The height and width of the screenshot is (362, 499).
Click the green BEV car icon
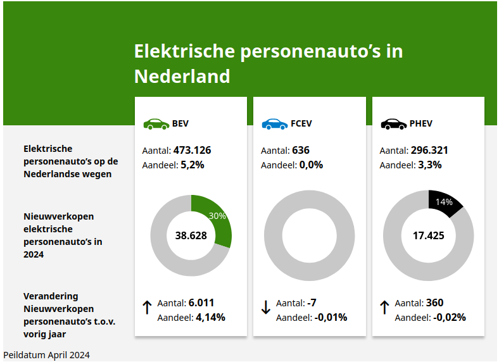pyautogui.click(x=156, y=123)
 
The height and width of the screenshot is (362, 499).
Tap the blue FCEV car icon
pyautogui.click(x=274, y=123)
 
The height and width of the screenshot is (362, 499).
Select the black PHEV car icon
pyautogui.click(x=393, y=123)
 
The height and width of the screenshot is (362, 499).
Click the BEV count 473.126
pyautogui.click(x=192, y=151)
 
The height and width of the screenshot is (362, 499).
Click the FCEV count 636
pyautogui.click(x=301, y=151)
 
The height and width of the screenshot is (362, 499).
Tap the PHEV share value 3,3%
pyautogui.click(x=429, y=165)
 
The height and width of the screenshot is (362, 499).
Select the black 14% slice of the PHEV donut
pyautogui.click(x=445, y=203)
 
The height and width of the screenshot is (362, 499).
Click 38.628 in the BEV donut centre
pyautogui.click(x=191, y=235)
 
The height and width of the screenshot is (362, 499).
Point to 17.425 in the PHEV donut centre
pyautogui.click(x=428, y=235)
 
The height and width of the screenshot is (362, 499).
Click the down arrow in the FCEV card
pyautogui.click(x=266, y=308)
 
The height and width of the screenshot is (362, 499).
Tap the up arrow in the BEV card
pyautogui.click(x=147, y=308)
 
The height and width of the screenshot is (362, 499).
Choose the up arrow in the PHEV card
pyautogui.click(x=384, y=308)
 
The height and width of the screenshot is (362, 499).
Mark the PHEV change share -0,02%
pyautogui.click(x=450, y=317)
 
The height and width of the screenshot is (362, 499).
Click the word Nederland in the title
pyautogui.click(x=182, y=77)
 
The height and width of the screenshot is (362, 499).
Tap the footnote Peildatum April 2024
pyautogui.click(x=46, y=355)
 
